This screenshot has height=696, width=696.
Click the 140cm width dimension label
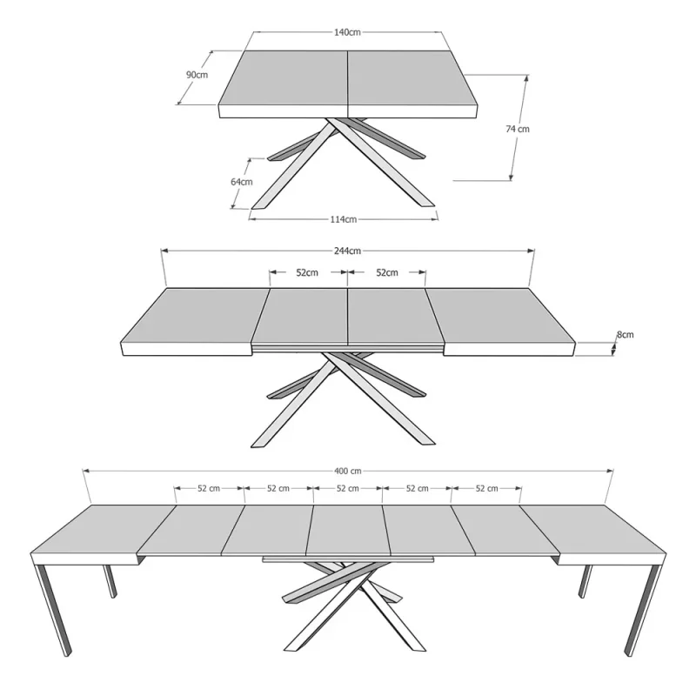tap(347, 32)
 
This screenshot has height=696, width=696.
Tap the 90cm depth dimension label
tap(197, 75)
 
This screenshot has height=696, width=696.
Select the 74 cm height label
tap(518, 129)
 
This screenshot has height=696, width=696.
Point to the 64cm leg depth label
tap(242, 182)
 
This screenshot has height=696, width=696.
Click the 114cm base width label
tap(344, 219)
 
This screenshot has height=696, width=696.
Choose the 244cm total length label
tap(347, 251)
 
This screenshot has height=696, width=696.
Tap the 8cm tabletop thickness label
tap(625, 335)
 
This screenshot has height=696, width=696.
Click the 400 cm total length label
tap(347, 471)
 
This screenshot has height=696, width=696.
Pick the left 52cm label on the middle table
tap(307, 272)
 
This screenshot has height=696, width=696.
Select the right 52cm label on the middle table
tap(387, 272)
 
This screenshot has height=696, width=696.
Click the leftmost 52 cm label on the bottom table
tap(209, 488)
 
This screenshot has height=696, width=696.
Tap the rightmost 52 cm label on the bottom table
tap(486, 488)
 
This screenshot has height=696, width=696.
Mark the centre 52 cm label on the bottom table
tap(347, 488)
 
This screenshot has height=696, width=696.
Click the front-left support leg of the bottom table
tap(52, 611)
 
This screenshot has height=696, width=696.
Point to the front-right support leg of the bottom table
tap(643, 611)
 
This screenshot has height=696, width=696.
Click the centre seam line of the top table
tap(347, 84)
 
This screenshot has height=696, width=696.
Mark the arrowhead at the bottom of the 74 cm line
tap(511, 177)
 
